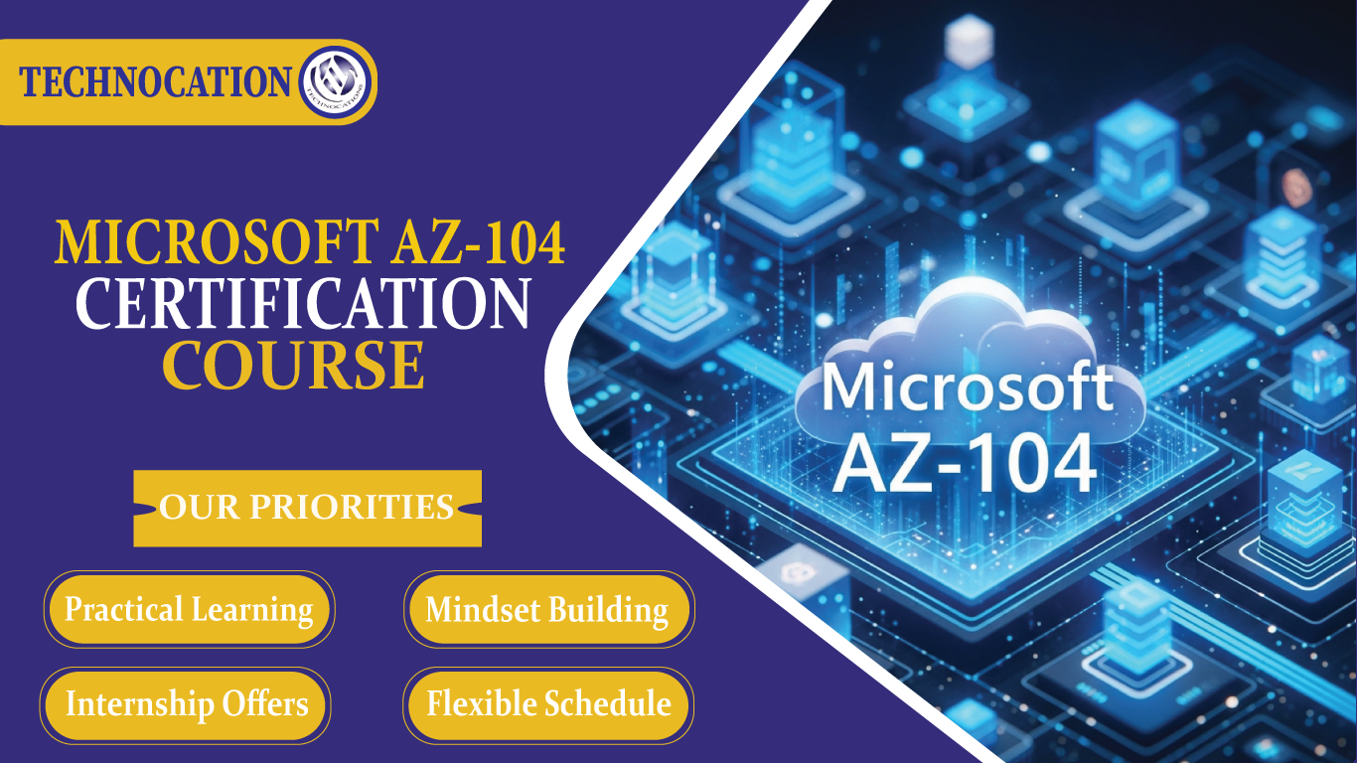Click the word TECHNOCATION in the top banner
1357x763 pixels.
pyautogui.click(x=156, y=81)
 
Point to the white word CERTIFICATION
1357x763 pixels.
pyautogui.click(x=303, y=305)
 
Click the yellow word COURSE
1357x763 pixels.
pyautogui.click(x=294, y=365)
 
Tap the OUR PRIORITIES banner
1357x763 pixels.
pyautogui.click(x=307, y=508)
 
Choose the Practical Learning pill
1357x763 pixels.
pyautogui.click(x=189, y=609)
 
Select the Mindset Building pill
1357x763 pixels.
pyautogui.click(x=547, y=609)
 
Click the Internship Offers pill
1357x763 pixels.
pyautogui.click(x=187, y=704)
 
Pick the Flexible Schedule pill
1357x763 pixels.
pyautogui.click(x=548, y=704)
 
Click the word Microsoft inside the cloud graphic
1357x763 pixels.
pyautogui.click(x=967, y=387)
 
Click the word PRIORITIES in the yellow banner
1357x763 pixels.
pyautogui.click(x=351, y=508)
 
